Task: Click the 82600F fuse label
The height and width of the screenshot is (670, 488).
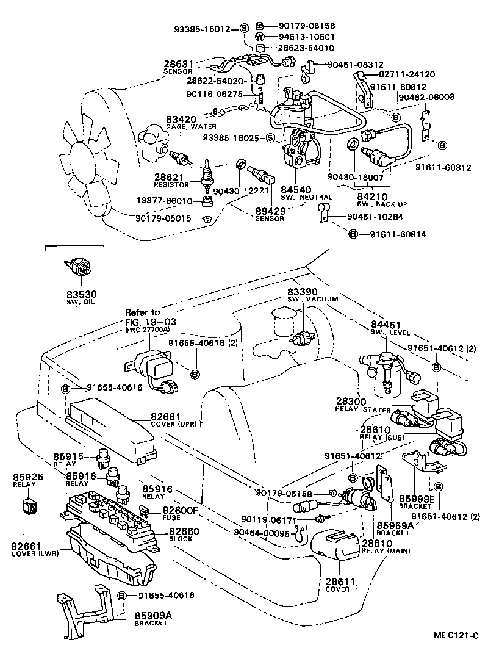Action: click(180, 510)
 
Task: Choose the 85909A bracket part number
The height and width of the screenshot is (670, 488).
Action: click(154, 616)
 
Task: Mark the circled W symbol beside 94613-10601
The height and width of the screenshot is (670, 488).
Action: click(258, 37)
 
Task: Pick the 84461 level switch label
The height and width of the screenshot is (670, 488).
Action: click(386, 325)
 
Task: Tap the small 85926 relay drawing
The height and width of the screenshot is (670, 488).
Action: click(29, 505)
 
